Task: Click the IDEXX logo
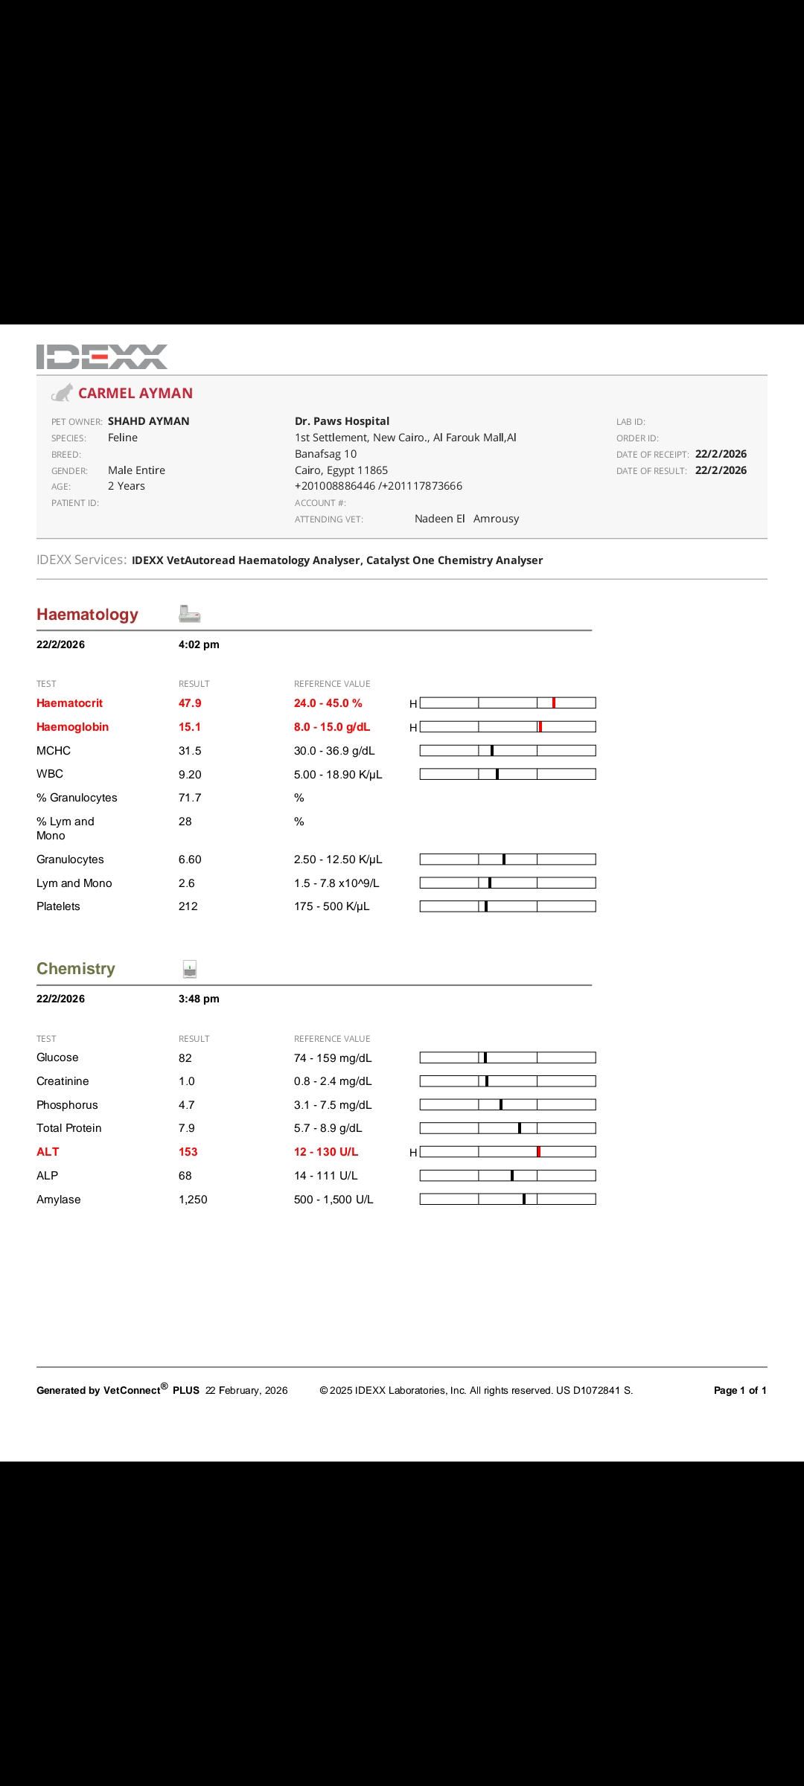coord(102,356)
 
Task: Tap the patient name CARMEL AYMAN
coord(135,394)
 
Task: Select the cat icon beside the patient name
coord(63,393)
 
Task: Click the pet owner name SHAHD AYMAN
coord(149,421)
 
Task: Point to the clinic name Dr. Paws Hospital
coord(342,421)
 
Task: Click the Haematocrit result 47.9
coord(190,703)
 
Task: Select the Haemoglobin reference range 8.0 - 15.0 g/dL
coord(332,727)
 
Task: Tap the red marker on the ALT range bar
coord(538,1152)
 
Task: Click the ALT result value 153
coord(188,1152)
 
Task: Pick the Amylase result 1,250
coord(193,1200)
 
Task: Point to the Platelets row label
coord(58,906)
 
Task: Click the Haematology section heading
coord(87,615)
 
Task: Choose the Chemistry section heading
coord(76,969)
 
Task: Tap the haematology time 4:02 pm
coord(199,644)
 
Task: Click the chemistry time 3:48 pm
coord(199,999)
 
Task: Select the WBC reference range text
coord(338,775)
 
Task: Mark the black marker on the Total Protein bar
coord(520,1128)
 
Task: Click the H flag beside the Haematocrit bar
coord(413,704)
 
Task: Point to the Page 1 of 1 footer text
coord(740,1390)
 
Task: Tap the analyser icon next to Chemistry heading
coord(190,969)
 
